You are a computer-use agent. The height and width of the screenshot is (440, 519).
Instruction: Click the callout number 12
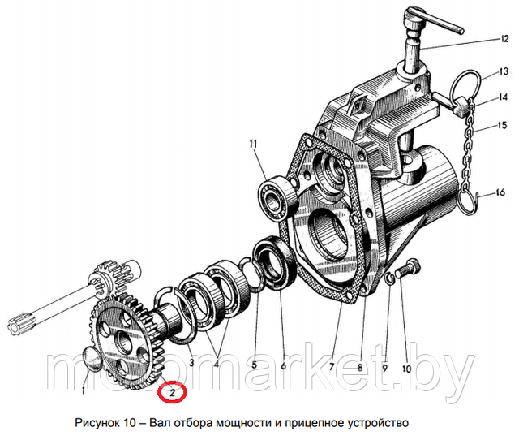tap(504, 39)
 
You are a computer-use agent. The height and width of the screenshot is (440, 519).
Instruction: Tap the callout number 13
tap(503, 71)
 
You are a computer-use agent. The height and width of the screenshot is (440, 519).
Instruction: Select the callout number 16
tap(500, 192)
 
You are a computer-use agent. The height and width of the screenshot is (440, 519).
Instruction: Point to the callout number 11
tap(253, 145)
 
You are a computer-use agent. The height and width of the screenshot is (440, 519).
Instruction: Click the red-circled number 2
tap(172, 393)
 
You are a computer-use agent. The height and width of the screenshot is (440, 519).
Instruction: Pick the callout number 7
tap(332, 367)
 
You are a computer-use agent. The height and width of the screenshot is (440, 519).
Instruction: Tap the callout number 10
tap(406, 369)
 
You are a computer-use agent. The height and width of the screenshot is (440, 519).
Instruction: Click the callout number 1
tap(84, 391)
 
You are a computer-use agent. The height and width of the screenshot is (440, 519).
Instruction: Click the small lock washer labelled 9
tap(389, 278)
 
